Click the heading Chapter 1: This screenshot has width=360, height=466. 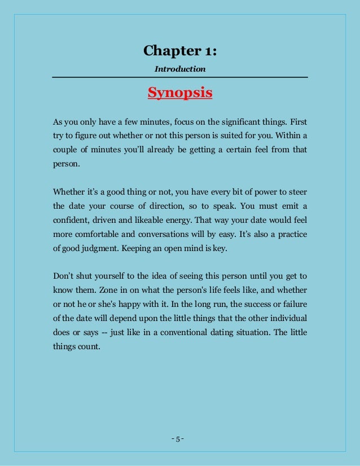pos(179,51)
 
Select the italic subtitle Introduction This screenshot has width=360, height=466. pos(180,69)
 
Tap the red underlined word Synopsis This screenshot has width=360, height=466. pos(180,93)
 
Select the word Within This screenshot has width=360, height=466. pos(288,137)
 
